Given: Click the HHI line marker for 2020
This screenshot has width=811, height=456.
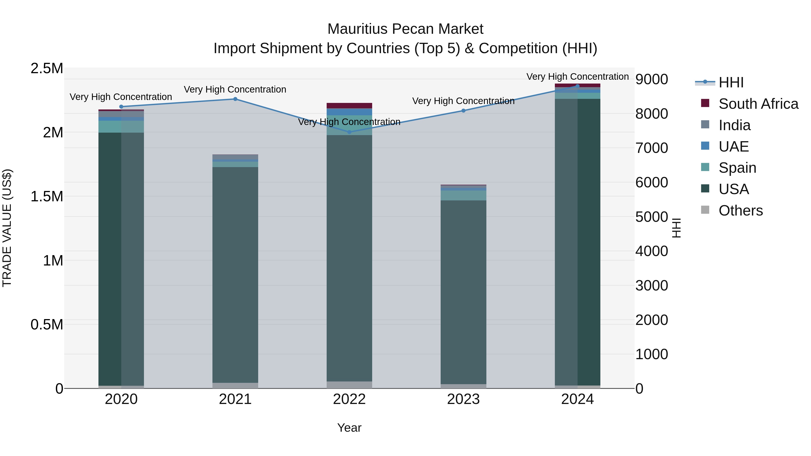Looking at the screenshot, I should coord(121,107).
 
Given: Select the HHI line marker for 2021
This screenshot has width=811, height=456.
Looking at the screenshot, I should coord(235,99).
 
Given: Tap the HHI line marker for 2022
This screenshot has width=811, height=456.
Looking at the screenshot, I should coord(349,132).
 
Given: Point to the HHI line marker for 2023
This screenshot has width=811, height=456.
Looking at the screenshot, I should coord(463,111).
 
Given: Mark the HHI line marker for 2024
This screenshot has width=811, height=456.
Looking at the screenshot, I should coord(577,86).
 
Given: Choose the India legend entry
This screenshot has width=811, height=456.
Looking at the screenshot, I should coord(734,125).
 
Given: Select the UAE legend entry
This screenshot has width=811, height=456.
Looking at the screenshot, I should coord(733,147).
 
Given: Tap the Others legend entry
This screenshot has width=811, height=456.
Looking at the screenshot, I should coord(740,211).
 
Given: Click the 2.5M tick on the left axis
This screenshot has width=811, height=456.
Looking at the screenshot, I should coord(47,68).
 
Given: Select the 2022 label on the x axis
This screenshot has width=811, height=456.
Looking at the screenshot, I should coord(349,399).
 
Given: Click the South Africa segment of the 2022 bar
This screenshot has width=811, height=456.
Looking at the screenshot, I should coord(349,105).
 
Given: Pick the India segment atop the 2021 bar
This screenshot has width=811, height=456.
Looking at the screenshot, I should coord(235,157).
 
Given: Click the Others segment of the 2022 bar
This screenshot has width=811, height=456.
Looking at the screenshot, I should coord(349,385).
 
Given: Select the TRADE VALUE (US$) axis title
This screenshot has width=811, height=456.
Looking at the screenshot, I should coord(7,228).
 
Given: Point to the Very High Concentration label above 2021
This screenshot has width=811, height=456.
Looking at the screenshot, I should coord(235,89).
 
